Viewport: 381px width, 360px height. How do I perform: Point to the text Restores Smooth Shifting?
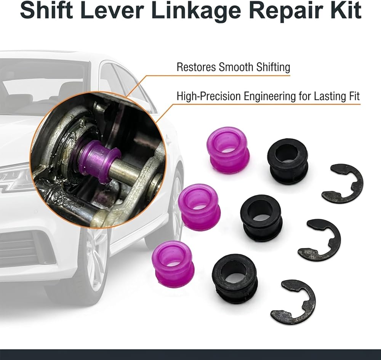(233, 67)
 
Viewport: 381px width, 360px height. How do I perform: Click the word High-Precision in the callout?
(209, 96)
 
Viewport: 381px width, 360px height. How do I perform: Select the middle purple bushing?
(199, 207)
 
